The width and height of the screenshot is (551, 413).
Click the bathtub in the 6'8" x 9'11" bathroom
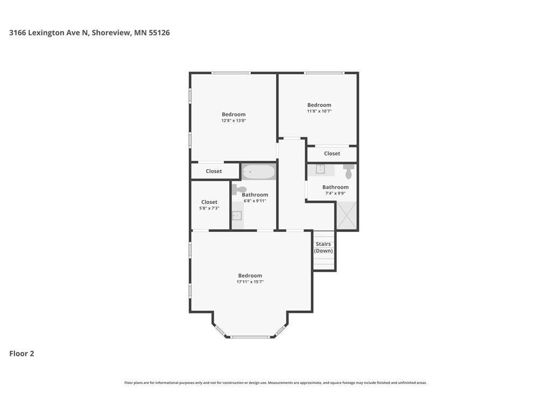click(259, 172)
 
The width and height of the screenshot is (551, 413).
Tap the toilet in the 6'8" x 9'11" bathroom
click(239, 189)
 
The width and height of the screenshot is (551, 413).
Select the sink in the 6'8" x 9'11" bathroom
click(237, 216)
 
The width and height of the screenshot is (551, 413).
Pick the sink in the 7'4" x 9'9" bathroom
click(320, 169)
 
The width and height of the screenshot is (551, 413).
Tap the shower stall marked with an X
click(347, 215)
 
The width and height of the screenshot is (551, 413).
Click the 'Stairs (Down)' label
click(323, 247)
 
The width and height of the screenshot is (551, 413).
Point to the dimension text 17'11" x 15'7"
click(250, 282)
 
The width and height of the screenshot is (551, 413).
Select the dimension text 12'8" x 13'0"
click(234, 120)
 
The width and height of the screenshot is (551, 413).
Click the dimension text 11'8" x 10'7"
click(319, 111)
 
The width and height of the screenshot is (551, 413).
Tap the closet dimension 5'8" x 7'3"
click(209, 208)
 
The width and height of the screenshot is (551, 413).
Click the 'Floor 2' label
click(22, 353)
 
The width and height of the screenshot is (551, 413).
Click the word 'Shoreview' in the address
click(110, 33)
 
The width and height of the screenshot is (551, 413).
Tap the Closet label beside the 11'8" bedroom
click(332, 154)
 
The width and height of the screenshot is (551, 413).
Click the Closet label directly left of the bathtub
click(214, 172)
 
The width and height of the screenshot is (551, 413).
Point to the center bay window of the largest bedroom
click(250, 337)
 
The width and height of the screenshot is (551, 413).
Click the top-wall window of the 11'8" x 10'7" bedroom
click(323, 73)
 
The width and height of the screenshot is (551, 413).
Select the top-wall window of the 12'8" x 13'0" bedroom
click(230, 73)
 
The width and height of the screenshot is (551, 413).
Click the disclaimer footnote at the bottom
click(275, 383)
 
